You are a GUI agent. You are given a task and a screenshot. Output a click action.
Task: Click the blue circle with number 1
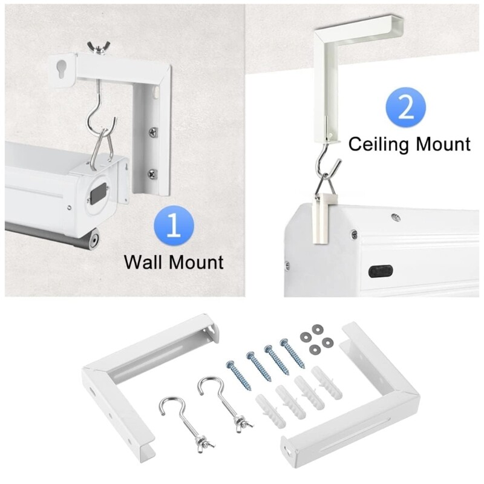pos(174,224)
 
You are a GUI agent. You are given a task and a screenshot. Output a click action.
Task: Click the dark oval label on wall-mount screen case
pos(96,194)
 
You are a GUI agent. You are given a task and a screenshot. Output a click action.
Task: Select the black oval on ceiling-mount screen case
pos(379,270)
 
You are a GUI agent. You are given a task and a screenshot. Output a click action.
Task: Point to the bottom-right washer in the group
pos(327,342)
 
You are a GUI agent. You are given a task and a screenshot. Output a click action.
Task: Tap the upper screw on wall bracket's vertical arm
pos(150,129)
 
